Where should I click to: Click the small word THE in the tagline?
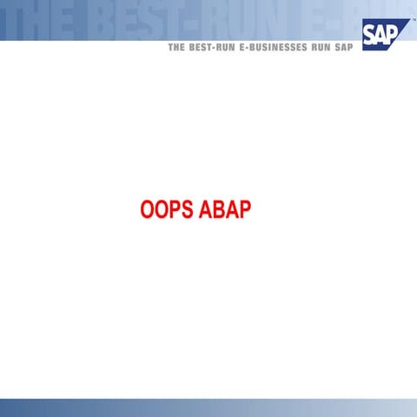click(177, 49)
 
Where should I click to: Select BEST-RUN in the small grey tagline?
click(213, 49)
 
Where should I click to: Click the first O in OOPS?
click(147, 211)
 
